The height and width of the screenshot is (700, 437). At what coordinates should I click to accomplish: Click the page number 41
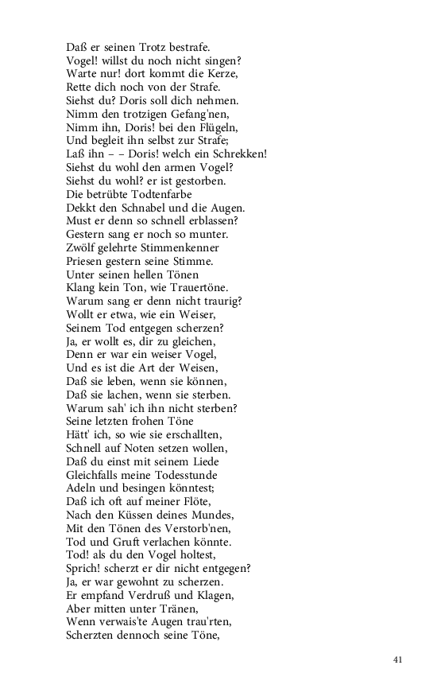tap(399, 659)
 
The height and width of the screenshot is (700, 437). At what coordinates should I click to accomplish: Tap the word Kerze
tap(220, 73)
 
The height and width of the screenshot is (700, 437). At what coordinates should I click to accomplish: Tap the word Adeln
tap(82, 488)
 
